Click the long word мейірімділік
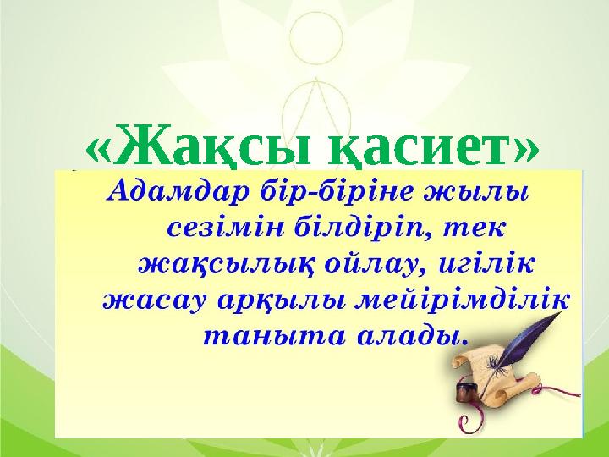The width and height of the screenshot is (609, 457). tap(457, 300)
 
